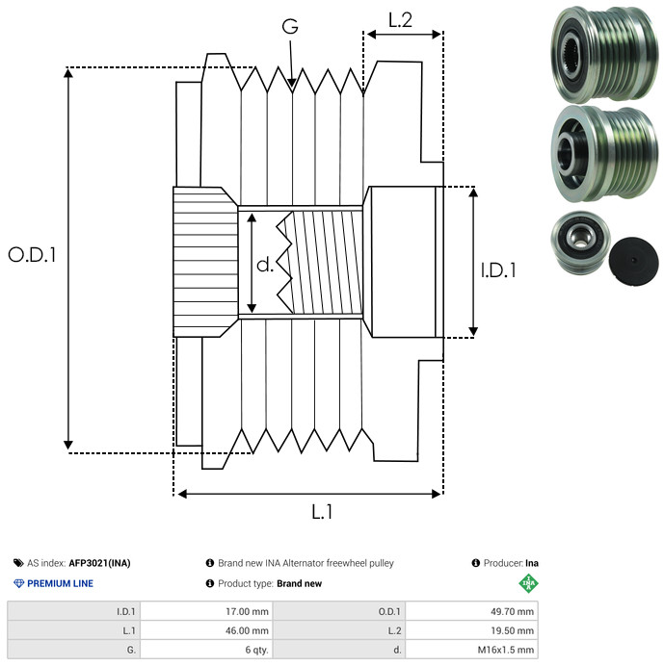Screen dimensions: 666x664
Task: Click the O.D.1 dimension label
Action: [x=33, y=255]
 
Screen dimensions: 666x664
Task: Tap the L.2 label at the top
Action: [x=400, y=18]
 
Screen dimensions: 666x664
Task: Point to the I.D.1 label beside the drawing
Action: [x=498, y=270]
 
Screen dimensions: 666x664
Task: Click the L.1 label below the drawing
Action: [x=322, y=513]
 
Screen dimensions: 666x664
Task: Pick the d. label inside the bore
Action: [x=265, y=265]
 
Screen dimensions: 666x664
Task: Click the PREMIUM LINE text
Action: [x=60, y=583]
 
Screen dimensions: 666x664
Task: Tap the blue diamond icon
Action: [x=18, y=583]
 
